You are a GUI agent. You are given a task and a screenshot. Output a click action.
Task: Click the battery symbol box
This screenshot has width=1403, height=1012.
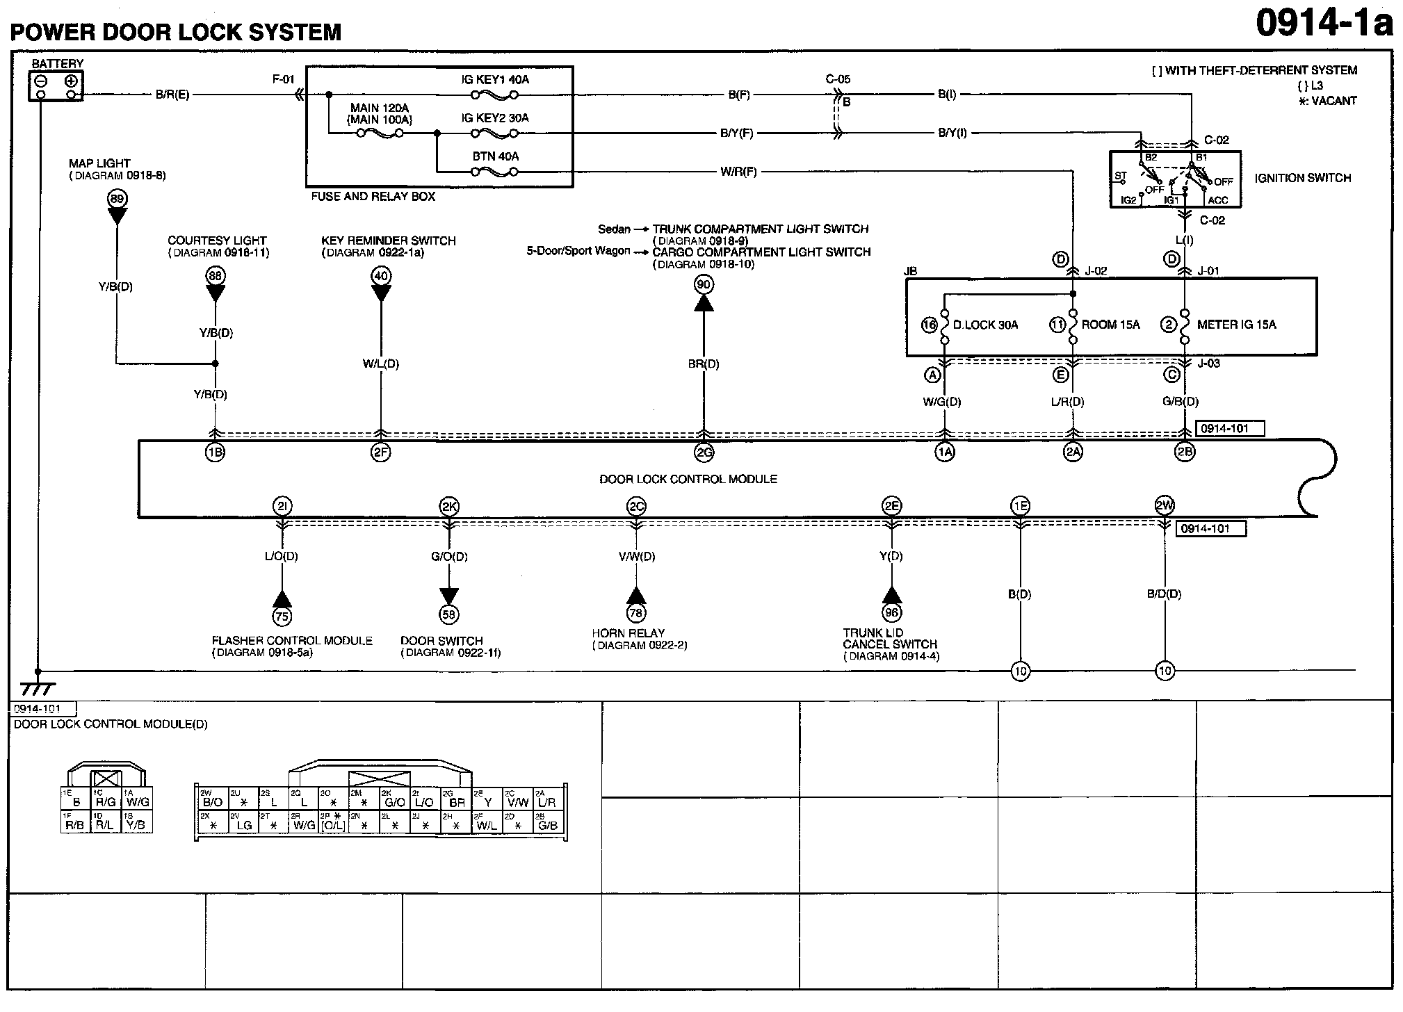tap(56, 87)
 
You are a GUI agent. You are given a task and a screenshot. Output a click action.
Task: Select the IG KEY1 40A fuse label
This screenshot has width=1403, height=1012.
tap(495, 80)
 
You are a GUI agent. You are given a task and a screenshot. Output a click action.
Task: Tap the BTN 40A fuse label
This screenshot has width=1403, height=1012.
tap(495, 156)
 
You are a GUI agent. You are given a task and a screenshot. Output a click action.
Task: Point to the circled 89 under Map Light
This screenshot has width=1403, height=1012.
tap(117, 199)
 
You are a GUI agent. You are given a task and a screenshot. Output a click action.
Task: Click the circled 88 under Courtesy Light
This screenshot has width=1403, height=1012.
tap(216, 276)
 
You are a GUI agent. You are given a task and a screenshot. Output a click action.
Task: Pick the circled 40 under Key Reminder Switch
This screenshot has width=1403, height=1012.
tap(381, 276)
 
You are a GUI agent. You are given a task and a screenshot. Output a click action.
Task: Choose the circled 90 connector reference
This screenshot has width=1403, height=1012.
tap(704, 284)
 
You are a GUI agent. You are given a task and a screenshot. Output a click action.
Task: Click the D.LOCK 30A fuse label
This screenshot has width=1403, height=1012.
tap(985, 325)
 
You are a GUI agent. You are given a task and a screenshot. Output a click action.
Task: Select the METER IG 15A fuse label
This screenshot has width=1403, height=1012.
tap(1236, 325)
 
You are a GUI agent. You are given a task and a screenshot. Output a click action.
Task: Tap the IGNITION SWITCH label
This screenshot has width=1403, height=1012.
tap(1302, 178)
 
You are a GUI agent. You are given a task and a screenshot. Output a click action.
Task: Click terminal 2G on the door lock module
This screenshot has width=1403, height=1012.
tap(704, 452)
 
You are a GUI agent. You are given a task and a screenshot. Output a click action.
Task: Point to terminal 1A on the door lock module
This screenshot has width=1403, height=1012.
tap(944, 452)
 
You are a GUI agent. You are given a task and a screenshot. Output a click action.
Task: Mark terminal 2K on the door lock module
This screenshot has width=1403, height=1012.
tap(448, 506)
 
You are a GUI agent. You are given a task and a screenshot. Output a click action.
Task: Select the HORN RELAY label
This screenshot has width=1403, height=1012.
tap(628, 633)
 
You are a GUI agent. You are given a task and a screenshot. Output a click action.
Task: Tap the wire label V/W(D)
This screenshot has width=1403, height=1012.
tap(636, 557)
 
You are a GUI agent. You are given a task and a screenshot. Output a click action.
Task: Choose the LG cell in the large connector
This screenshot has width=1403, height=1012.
tap(243, 825)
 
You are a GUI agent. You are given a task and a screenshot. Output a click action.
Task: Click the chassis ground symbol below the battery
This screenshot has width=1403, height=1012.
tap(38, 688)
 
